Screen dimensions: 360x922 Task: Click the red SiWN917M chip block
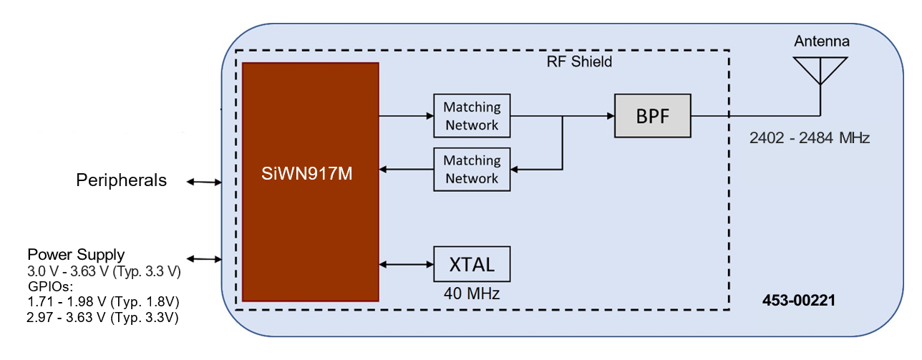coord(310,182)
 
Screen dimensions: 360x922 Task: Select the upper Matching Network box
coord(472,116)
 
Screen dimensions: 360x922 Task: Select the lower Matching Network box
coord(472,170)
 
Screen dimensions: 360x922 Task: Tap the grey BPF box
coord(653,115)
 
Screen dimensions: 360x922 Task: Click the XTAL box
coord(472,264)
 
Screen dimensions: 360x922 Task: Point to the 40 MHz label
coord(472,293)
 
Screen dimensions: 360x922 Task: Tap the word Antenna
coord(821,42)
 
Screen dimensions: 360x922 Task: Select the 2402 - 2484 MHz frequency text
coord(809,138)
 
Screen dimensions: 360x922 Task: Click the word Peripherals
coord(121,180)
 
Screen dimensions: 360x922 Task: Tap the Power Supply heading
coord(76,255)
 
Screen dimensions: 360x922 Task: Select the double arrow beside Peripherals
coord(204,182)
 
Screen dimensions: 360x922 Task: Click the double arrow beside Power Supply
coord(204,258)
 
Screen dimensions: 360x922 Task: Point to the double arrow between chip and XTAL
coord(406,264)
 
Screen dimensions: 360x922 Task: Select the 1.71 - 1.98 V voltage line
coord(102,301)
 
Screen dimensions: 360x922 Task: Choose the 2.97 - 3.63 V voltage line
coord(102,317)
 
